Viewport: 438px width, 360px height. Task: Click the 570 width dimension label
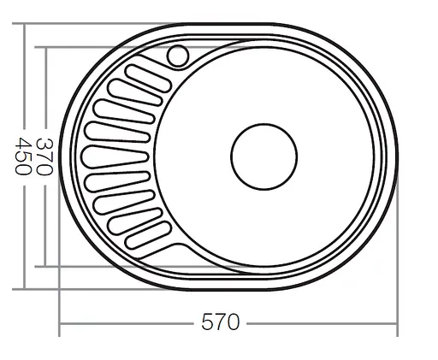[221, 323]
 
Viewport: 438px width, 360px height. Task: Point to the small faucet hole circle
[178, 56]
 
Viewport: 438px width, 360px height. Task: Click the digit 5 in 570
[208, 323]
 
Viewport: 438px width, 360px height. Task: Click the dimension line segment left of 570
[128, 324]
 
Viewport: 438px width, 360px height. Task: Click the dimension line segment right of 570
[321, 324]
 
